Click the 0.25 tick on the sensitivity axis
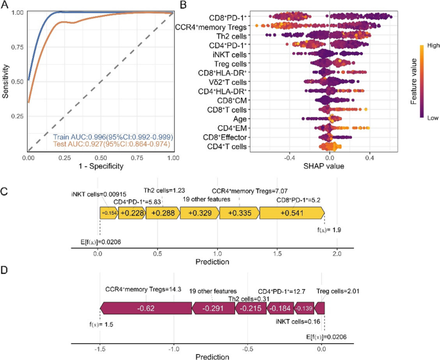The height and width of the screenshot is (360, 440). click(19, 117)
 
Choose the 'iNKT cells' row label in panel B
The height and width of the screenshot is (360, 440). click(228, 54)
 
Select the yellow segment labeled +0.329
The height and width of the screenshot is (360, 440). click(198, 214)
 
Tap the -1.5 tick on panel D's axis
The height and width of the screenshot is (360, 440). click(99, 347)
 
